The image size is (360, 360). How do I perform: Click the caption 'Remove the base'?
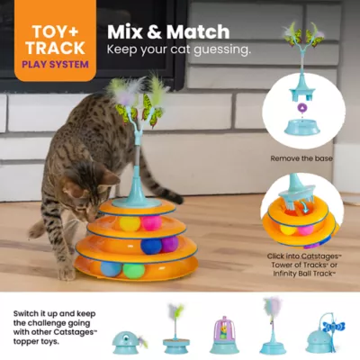301,157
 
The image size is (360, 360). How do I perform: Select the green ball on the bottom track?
133,268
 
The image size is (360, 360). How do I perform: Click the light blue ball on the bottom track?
109,268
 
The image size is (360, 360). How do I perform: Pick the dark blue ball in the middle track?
151,246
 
